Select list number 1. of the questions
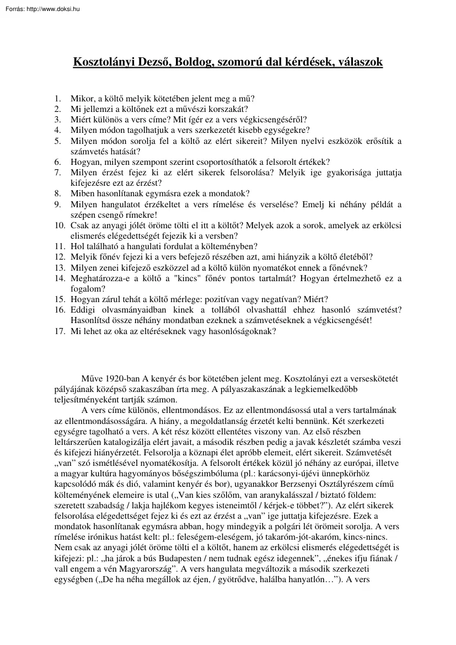58,99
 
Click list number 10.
60,225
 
